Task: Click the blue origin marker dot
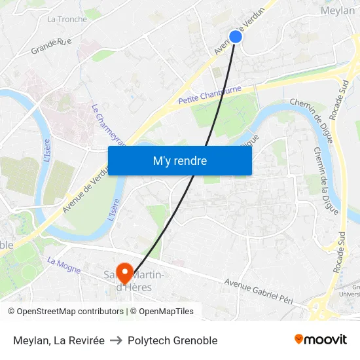click(x=236, y=37)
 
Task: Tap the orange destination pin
click(x=124, y=270)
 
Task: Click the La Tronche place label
click(x=67, y=19)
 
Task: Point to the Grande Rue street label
click(x=51, y=46)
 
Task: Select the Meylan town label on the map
click(x=338, y=10)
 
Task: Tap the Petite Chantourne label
click(x=209, y=96)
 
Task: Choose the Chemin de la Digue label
click(x=325, y=170)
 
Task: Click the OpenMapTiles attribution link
click(x=166, y=312)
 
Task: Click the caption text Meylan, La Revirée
click(x=58, y=340)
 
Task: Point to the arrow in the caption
click(x=116, y=340)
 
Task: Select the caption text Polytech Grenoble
click(x=172, y=340)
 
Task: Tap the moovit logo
click(x=321, y=339)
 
